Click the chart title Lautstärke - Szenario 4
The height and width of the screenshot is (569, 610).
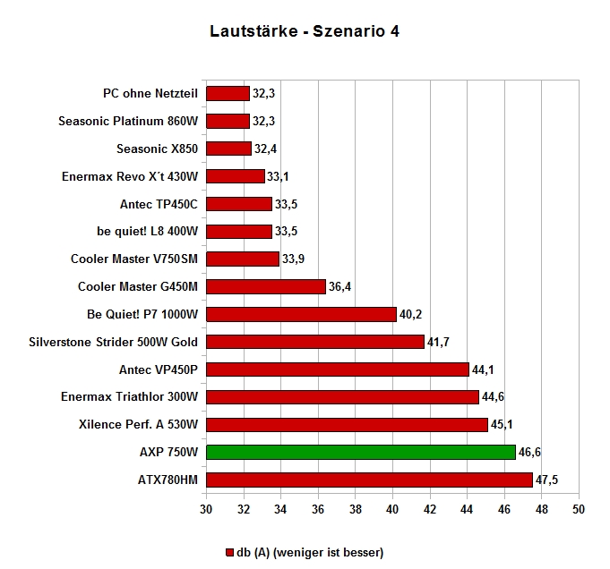[x=305, y=31]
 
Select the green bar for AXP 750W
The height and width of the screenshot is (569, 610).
[x=361, y=453]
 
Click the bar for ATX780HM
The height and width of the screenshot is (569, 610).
[x=369, y=480]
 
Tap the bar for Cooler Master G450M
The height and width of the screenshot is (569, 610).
[x=266, y=287]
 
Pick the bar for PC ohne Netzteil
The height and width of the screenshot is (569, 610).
[x=228, y=94]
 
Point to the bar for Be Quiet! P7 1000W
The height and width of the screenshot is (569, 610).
[x=301, y=314]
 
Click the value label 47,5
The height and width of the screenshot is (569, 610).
[x=546, y=480]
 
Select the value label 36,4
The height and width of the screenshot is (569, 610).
[x=339, y=287]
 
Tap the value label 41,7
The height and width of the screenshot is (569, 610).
[x=438, y=342]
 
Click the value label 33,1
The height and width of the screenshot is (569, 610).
[x=278, y=177]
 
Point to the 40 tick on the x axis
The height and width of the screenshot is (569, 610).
[x=392, y=509]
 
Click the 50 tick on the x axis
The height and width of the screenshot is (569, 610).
[x=579, y=509]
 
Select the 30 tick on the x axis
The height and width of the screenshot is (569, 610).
[x=206, y=509]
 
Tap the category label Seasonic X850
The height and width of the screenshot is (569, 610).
[x=157, y=149]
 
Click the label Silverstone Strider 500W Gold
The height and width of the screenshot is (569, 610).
[x=113, y=342]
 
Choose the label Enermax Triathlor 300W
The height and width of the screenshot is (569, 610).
[x=130, y=397]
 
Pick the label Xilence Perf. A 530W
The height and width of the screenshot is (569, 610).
[x=138, y=424]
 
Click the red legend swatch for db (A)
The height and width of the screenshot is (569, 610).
[x=229, y=552]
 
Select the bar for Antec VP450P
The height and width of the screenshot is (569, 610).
[x=338, y=369]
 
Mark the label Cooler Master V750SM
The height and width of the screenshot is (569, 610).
[x=134, y=259]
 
